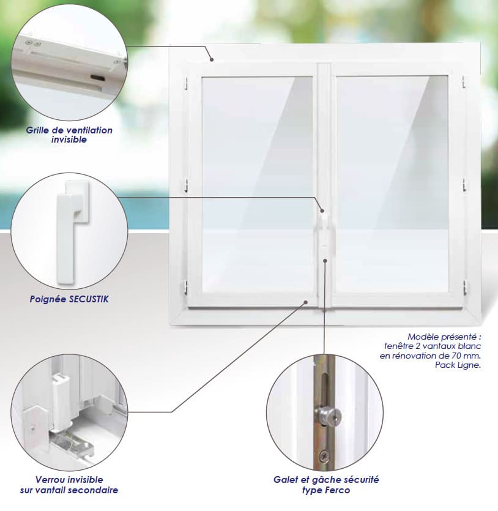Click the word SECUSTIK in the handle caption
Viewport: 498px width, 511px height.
(89, 299)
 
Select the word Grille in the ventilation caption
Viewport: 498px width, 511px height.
(36, 130)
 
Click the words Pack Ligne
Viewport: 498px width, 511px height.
(458, 365)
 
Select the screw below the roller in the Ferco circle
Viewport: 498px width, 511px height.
(323, 456)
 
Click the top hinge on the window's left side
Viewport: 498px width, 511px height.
(187, 83)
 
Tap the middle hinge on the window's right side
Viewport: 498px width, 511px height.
(464, 184)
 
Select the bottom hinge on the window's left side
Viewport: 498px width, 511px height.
(186, 287)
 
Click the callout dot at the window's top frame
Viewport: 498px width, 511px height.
(212, 59)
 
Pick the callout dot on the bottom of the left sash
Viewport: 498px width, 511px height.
(306, 302)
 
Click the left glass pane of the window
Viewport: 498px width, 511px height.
(258, 184)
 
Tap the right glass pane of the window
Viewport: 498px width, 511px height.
(392, 184)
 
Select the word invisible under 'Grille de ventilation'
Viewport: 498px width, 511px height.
(69, 140)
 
